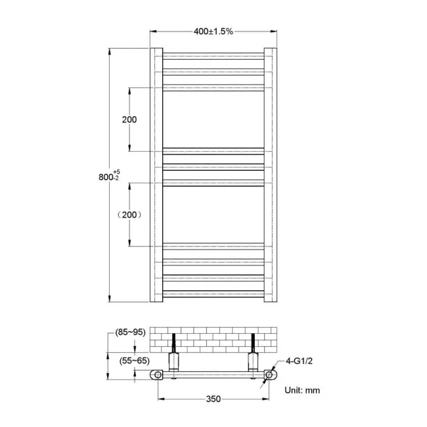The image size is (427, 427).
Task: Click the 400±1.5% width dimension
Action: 213,31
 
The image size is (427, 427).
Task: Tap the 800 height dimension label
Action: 105,177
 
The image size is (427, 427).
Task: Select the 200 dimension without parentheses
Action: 129,120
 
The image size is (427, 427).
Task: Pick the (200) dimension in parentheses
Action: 129,214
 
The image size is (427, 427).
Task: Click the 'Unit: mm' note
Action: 302,390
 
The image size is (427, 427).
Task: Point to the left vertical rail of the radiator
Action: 156,174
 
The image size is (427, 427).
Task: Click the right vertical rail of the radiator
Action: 271,174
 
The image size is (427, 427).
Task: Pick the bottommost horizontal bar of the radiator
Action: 213,293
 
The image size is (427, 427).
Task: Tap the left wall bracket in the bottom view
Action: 174,361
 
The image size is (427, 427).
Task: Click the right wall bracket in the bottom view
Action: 253,361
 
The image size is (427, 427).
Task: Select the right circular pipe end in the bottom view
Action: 269,375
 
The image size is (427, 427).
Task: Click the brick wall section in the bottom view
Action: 213,338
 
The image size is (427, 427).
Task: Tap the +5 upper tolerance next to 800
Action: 116,171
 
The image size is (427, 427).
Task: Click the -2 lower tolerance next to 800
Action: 116,179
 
